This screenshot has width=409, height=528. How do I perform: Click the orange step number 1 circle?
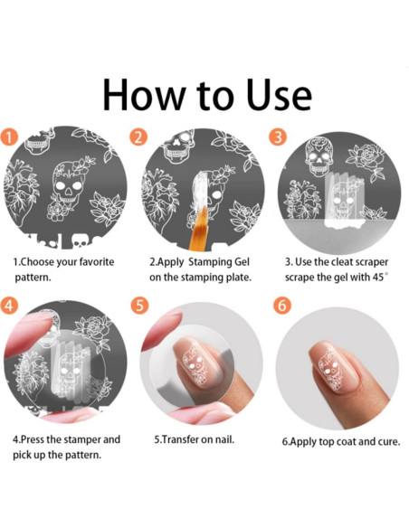(x=9, y=137)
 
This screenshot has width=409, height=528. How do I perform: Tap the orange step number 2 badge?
(x=138, y=137)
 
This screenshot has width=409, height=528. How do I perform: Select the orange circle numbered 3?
(x=278, y=137)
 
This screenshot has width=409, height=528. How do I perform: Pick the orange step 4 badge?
(x=9, y=305)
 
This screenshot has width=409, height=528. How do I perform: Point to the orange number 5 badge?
(x=140, y=305)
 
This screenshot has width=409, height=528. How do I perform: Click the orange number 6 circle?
(x=282, y=306)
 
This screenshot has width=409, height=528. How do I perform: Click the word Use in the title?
(x=279, y=95)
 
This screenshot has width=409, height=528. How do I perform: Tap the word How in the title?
(x=144, y=95)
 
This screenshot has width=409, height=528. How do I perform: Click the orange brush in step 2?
(x=198, y=229)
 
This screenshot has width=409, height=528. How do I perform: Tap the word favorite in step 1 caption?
(x=97, y=261)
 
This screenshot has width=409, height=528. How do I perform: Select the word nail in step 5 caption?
(x=225, y=439)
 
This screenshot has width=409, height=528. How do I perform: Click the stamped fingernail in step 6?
(x=330, y=367)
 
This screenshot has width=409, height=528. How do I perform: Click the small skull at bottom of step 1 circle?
(x=80, y=241)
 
